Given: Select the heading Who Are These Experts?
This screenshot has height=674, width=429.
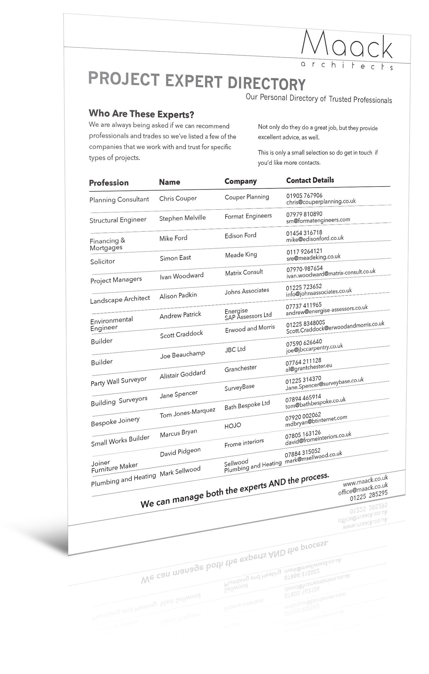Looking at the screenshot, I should click(141, 114).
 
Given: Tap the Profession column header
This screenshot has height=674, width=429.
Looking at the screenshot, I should click(109, 183).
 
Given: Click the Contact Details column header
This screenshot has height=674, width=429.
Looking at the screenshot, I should click(310, 180).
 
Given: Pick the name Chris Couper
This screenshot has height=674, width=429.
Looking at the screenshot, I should click(178, 198).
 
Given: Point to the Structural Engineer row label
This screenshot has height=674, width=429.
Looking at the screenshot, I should click(118, 220).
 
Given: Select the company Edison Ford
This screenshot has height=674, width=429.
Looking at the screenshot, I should click(240, 235).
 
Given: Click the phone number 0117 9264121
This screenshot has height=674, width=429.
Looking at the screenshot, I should click(304, 251).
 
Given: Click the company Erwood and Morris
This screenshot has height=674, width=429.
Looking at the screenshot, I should click(250, 328).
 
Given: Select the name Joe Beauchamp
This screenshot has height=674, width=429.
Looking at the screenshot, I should click(182, 355).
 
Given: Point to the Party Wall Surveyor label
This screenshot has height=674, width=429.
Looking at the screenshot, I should click(118, 381).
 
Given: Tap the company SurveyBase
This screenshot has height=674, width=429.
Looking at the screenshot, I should click(240, 387).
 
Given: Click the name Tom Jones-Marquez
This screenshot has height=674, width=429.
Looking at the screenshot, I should click(187, 413).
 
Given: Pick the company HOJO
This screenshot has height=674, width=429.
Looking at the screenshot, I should click(233, 426).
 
